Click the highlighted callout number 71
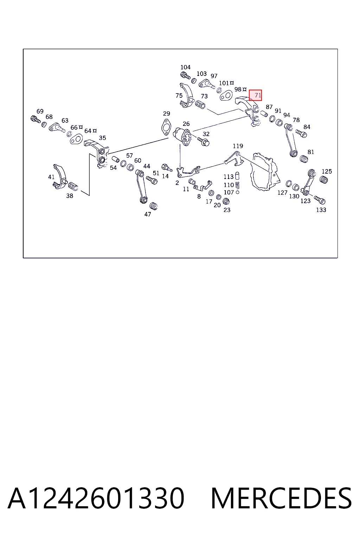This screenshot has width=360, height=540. click(258, 95)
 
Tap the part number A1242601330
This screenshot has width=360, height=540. click(96, 498)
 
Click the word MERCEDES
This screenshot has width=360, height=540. click(281, 498)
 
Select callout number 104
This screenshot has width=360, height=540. click(185, 67)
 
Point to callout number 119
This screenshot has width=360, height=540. click(238, 146)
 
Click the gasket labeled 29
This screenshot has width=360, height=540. click(166, 127)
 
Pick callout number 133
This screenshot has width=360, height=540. click(321, 210)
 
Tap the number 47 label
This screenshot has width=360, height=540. click(148, 214)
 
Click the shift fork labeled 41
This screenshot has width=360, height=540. click(60, 177)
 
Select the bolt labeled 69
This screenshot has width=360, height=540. click(36, 119)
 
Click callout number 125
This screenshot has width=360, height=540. click(327, 172)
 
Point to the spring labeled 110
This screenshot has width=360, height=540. click(237, 185)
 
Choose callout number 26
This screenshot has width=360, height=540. click(186, 124)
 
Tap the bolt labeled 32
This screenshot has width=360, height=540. click(204, 141)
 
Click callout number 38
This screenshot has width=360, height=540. click(70, 196)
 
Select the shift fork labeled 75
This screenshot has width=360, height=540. click(187, 96)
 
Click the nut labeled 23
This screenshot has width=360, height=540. click(226, 201)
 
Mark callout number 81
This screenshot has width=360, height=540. click(311, 152)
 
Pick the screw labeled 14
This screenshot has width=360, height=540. click(167, 167)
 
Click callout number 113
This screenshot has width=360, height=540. click(229, 177)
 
